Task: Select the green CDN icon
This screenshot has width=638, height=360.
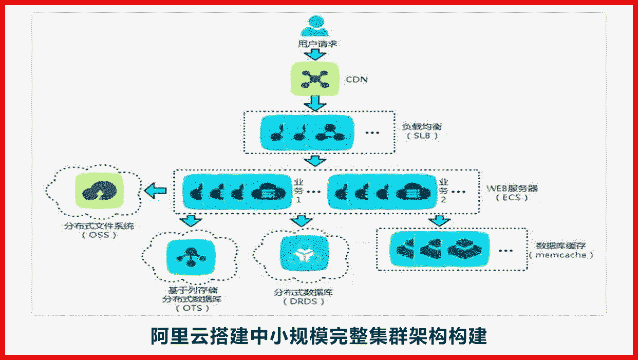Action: [315, 79]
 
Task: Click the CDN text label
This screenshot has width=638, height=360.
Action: [356, 80]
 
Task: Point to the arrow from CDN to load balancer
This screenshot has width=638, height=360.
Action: [315, 103]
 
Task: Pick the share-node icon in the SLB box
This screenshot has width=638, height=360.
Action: [328, 132]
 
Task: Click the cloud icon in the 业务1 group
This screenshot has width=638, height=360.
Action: [268, 192]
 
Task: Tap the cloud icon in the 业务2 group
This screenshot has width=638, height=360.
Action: [412, 192]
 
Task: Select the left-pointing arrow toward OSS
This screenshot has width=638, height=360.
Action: [155, 191]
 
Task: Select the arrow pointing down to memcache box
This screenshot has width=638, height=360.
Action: [439, 221]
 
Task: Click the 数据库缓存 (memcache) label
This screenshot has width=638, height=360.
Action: [561, 250]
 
